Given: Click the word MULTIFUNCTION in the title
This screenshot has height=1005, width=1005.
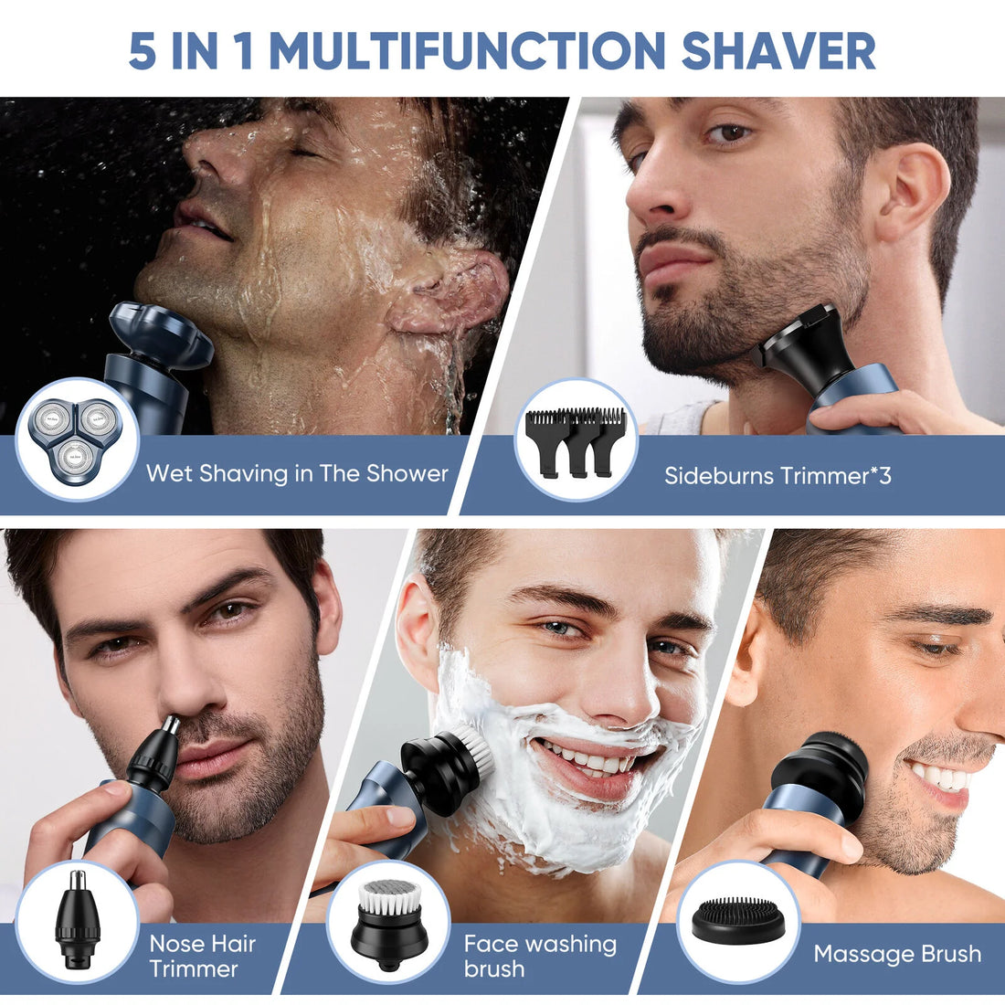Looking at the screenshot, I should click(467, 50).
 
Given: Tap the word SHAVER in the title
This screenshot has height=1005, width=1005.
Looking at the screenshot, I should click(778, 50).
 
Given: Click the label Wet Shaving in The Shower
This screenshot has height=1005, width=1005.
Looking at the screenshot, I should click(297, 473).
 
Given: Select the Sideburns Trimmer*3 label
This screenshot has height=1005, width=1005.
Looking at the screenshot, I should click(777, 475).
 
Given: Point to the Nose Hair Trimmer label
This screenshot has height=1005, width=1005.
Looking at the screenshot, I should click(202, 956).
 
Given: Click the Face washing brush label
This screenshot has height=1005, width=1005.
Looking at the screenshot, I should click(540, 956).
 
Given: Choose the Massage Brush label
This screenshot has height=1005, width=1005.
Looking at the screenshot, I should click(897, 955).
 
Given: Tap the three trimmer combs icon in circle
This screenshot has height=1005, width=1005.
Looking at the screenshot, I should click(576, 440).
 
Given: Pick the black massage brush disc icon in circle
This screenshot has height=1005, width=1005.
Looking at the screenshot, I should click(738, 921).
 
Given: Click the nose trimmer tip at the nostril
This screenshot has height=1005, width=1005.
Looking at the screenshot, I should click(170, 727).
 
